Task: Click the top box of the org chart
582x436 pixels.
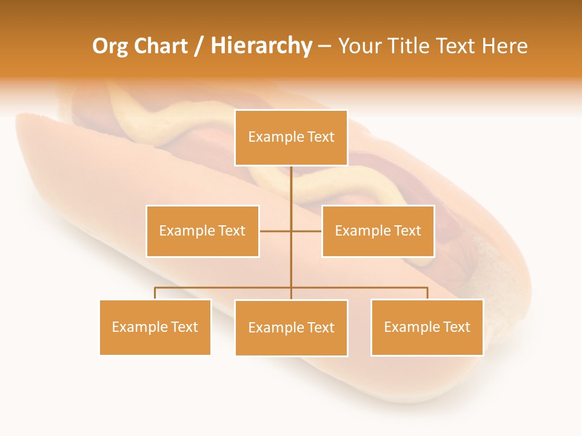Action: click(x=291, y=137)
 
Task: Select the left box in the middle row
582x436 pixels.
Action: click(x=202, y=231)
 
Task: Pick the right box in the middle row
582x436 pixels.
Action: click(x=378, y=231)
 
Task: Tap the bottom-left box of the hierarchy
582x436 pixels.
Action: click(x=155, y=327)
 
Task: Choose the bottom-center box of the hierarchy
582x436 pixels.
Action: click(x=291, y=328)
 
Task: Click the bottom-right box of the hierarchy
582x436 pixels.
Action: click(x=427, y=327)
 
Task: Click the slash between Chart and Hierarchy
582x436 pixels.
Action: click(x=199, y=46)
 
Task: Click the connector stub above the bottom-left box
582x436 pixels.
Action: click(x=155, y=293)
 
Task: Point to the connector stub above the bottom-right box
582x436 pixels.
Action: click(x=427, y=293)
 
